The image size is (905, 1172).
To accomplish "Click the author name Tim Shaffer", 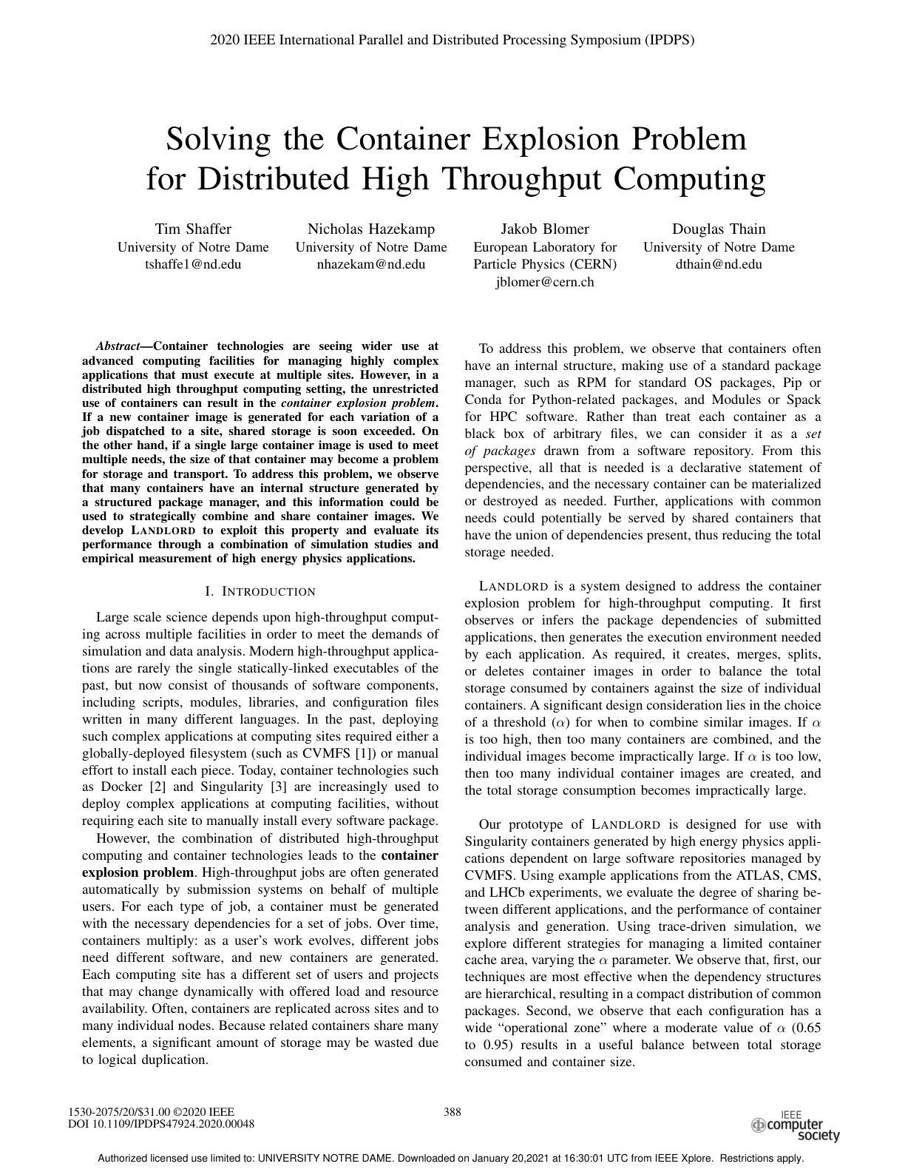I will pos(193,229).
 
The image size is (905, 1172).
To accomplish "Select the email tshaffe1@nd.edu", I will pos(193,264).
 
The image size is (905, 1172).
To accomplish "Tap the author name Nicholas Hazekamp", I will pos(371,229).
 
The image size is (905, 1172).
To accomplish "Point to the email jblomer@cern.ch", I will pos(545,282).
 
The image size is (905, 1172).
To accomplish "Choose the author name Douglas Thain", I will pos(719,229).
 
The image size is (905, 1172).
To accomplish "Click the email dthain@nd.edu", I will pos(719,264).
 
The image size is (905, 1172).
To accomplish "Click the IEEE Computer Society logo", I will pos(796,1124).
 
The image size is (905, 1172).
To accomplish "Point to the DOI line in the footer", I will pos(161,1123).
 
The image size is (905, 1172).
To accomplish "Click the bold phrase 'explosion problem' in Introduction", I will pos(138,872).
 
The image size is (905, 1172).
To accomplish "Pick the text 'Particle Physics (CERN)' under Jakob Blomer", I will pos(545,264).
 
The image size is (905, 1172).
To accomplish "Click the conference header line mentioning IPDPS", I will pos(452,40).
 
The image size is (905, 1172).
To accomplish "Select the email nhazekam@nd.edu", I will pos(371,264).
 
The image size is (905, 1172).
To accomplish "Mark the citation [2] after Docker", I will pos(156,787).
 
